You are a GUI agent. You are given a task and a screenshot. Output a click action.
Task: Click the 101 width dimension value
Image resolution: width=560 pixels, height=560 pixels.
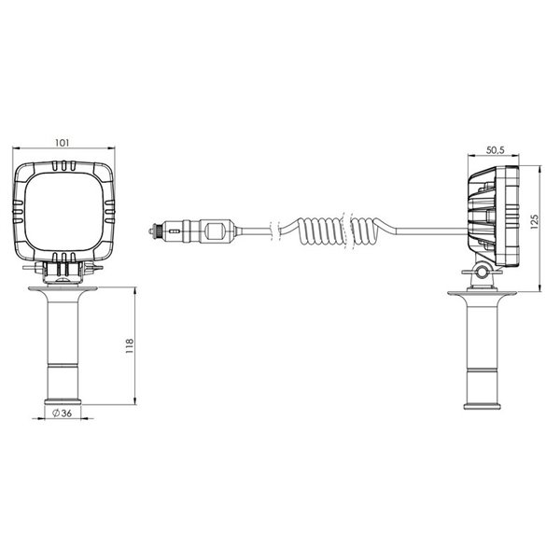63,143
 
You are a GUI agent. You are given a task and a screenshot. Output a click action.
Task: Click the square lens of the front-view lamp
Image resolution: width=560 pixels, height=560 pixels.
64,215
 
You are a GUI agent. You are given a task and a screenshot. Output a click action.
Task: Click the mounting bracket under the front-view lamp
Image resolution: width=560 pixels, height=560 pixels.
64,273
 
